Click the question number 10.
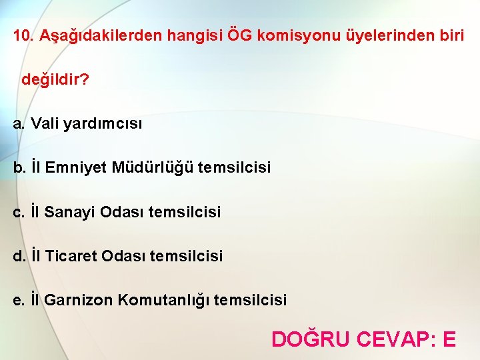[x=23, y=35]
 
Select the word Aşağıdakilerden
[x=100, y=35]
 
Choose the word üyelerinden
[x=387, y=35]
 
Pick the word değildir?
[x=55, y=80]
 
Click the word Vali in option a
[x=45, y=123]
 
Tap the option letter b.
[x=19, y=167]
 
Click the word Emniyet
[x=76, y=167]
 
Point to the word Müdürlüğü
[x=153, y=167]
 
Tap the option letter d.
[x=19, y=256]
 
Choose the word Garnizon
[x=79, y=300]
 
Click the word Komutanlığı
[x=164, y=300]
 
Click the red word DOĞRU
[x=310, y=339]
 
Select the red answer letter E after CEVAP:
[x=449, y=339]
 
